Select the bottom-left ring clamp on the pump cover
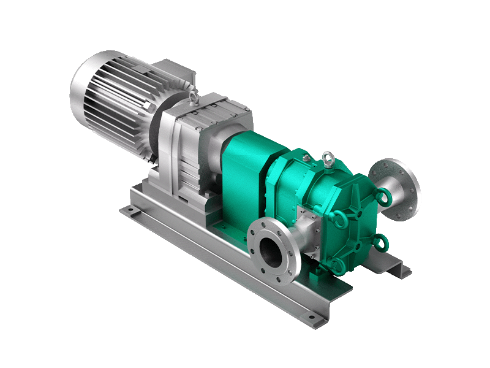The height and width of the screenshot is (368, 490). (334, 264)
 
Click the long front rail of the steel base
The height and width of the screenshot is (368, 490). (227, 270)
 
